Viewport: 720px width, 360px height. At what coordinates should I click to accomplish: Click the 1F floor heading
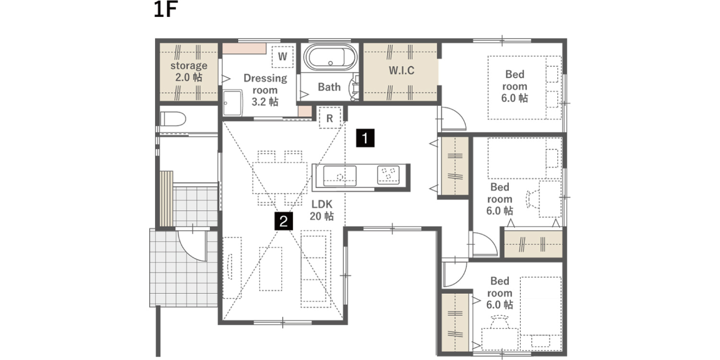point(166,9)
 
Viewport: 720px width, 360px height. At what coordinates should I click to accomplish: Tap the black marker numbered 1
point(365,138)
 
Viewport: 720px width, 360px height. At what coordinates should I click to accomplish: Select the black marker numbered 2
point(284,221)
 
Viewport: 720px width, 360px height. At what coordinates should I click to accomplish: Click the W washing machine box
point(283,57)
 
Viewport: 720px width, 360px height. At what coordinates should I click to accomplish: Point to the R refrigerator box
point(330,118)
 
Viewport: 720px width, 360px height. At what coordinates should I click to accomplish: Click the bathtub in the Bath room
point(330,58)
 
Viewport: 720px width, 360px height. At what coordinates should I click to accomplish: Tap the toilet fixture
point(173,119)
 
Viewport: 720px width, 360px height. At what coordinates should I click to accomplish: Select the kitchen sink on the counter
point(340,176)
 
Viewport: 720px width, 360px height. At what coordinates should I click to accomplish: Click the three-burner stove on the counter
point(388,175)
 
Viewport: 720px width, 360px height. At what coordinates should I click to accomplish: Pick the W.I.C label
point(401,71)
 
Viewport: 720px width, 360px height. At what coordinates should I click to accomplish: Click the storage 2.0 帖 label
point(189,72)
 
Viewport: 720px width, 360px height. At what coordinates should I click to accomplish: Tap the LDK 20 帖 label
point(322,210)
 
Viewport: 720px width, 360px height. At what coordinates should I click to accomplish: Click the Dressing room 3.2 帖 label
point(265,90)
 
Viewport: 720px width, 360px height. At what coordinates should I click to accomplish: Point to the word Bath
point(329,87)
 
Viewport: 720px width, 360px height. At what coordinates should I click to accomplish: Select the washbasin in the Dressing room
point(233,103)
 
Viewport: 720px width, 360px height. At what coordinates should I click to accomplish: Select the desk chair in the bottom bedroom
point(500,322)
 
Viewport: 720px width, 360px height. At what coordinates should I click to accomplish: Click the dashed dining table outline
point(280,178)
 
